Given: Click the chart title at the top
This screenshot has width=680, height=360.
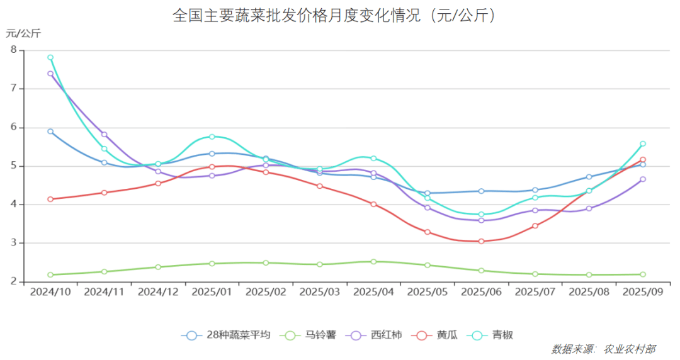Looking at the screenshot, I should click(334, 15).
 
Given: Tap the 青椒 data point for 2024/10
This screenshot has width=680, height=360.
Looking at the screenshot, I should click(50, 57).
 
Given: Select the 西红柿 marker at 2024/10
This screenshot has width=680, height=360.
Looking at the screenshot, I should click(50, 74).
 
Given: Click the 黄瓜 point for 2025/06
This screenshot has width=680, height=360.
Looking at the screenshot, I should click(481, 241).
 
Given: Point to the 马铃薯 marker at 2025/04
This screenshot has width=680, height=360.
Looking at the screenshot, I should click(373, 262).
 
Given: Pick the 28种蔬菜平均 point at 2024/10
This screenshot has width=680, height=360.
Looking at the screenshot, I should click(50, 132).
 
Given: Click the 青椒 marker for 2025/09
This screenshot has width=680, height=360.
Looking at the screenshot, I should click(643, 143).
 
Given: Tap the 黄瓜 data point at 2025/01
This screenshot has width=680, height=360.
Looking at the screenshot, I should click(212, 167).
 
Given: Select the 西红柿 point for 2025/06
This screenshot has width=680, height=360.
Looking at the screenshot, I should click(481, 220).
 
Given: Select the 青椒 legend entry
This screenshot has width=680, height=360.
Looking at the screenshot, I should click(493, 335).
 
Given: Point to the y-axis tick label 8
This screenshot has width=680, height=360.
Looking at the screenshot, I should click(13, 50).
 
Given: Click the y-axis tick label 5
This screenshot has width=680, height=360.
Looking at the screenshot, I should click(13, 166).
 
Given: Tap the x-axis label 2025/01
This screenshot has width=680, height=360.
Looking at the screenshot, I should click(212, 292).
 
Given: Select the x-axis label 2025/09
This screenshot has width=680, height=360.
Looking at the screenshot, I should click(643, 292).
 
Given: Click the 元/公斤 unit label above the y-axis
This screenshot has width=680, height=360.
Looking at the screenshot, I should click(23, 33).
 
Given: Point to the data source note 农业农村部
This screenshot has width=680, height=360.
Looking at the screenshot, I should click(629, 349).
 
